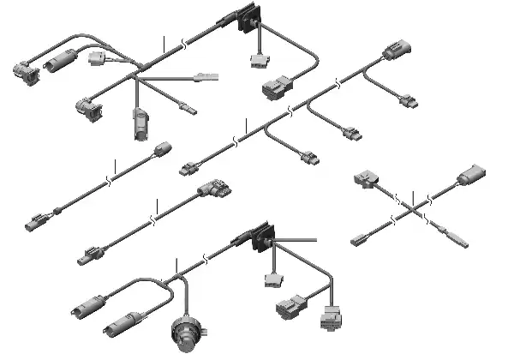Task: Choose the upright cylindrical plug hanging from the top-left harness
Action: [x=140, y=125]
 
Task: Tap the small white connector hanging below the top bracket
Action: [x=255, y=62]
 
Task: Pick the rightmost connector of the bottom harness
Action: [x=331, y=315]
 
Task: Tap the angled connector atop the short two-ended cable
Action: [x=212, y=190]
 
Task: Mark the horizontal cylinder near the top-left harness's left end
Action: [x=59, y=62]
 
